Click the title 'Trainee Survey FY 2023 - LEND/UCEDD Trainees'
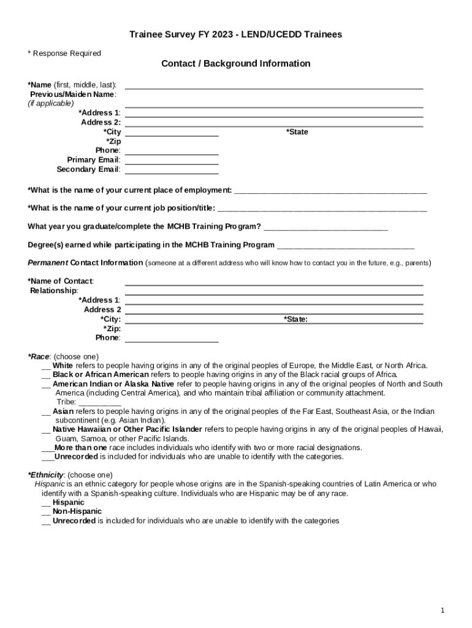(235, 34)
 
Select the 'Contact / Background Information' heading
(235, 64)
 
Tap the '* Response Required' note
(64, 53)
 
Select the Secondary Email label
(88, 169)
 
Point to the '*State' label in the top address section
(297, 132)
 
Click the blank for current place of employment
(330, 192)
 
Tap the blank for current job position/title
(322, 210)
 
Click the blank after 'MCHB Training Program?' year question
(325, 228)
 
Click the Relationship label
(54, 290)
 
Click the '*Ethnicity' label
(46, 475)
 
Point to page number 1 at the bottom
(442, 610)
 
